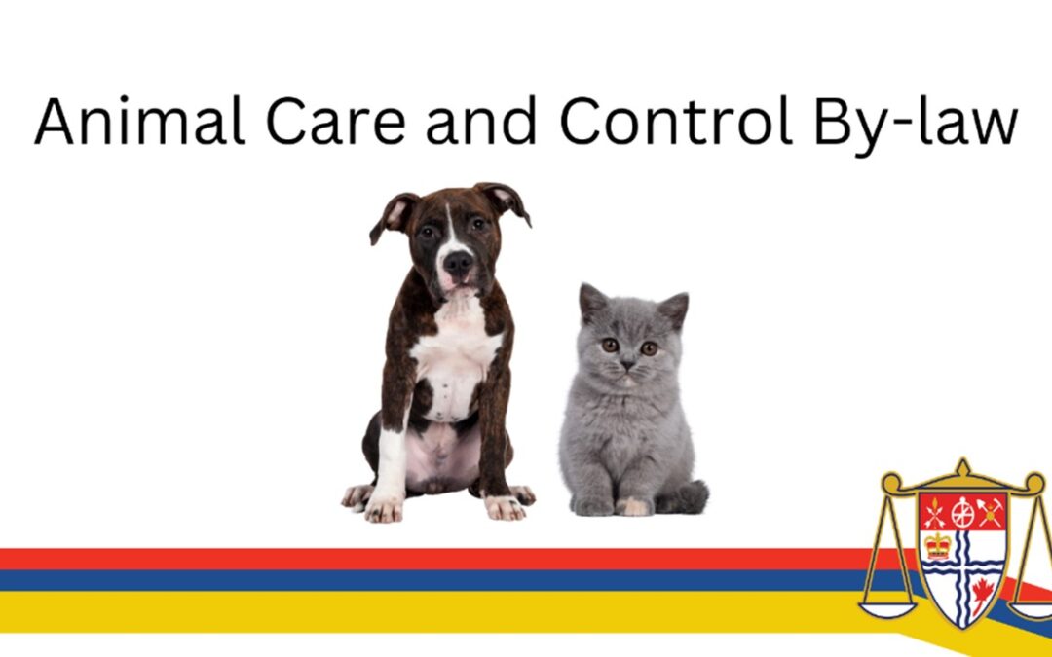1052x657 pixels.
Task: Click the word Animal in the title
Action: coord(139,121)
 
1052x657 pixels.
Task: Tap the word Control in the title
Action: coord(676,121)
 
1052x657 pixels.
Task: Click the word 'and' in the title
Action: coord(482,121)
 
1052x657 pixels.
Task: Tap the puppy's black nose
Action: coord(458,262)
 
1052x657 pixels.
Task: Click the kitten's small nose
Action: coord(626,365)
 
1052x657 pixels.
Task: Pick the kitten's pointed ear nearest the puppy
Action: coord(592,301)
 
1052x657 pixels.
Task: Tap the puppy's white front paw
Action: coord(384,508)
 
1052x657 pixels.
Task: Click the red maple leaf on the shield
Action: coord(982,594)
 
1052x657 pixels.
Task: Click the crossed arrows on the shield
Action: coord(934,513)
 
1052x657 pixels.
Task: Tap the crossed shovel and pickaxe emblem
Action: coord(991,513)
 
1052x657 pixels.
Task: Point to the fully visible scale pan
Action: coord(887,610)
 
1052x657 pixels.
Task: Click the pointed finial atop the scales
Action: coord(962,466)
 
